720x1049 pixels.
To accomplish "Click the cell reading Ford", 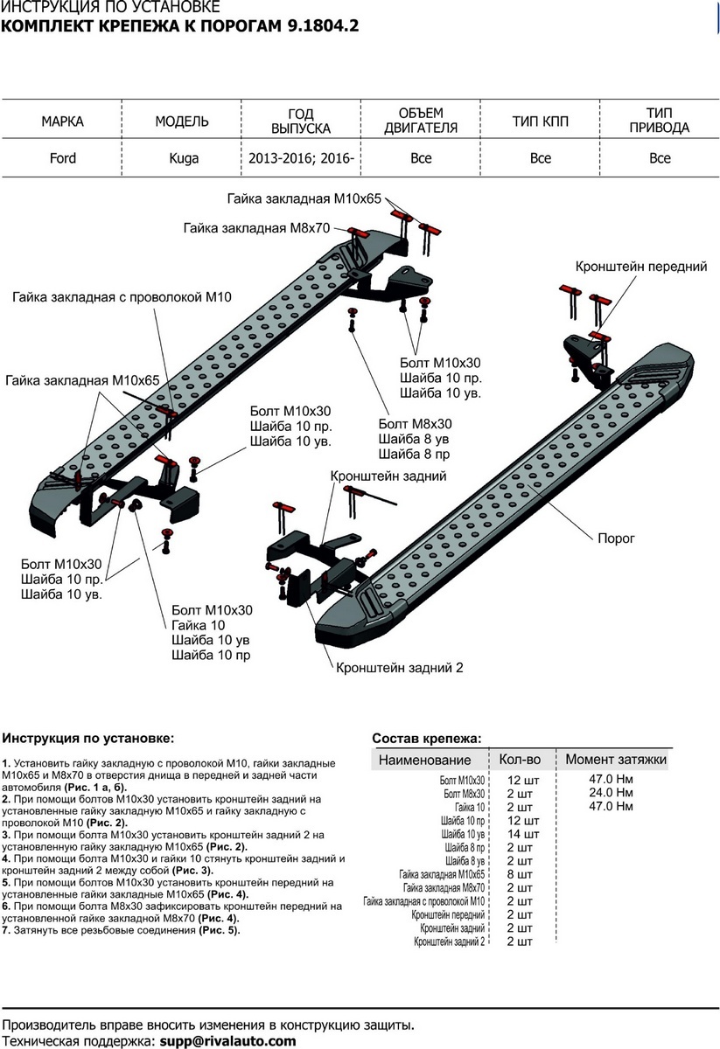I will click(x=63, y=158).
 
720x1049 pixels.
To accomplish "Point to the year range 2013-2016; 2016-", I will click(x=300, y=158).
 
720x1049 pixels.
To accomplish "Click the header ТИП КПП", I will click(x=540, y=122).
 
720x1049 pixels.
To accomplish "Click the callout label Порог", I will click(x=616, y=538).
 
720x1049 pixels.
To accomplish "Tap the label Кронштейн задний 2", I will click(x=397, y=667).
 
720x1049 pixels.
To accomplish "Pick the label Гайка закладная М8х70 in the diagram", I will click(x=255, y=228).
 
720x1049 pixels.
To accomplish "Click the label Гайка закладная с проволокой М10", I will click(x=122, y=297).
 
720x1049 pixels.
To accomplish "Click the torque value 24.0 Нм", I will click(x=612, y=793).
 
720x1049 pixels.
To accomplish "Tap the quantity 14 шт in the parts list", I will click(x=519, y=834).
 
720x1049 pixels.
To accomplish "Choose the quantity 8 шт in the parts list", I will click(x=519, y=874).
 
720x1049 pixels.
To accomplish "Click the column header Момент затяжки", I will click(x=616, y=760).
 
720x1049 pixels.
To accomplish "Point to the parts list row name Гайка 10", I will click(x=470, y=807).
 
